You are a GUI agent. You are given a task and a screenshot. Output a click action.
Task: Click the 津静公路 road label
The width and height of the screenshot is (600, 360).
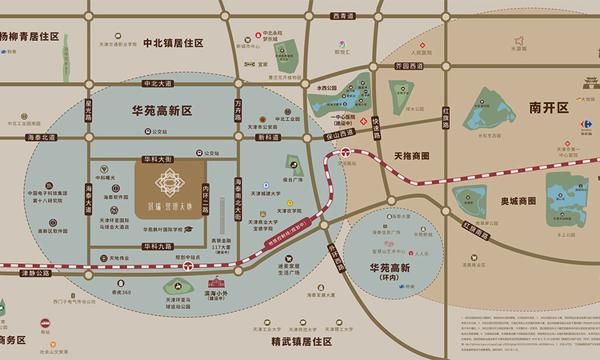tap(34, 273)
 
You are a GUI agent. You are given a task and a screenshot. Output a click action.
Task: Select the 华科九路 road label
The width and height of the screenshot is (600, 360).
tap(157, 246)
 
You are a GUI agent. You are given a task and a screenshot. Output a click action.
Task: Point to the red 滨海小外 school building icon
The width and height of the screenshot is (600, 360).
tap(217, 282)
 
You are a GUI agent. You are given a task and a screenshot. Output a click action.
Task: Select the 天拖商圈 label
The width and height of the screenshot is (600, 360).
tap(412, 155)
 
